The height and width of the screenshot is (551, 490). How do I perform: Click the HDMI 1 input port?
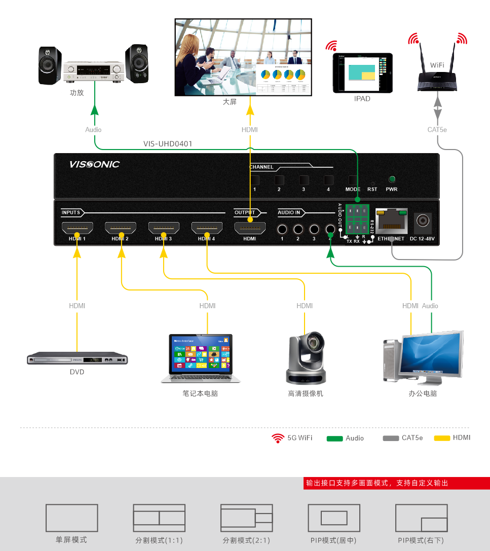pyautogui.click(x=77, y=229)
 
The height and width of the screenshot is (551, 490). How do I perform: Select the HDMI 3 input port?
pyautogui.click(x=163, y=229)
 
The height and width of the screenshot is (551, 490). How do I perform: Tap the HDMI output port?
pyautogui.click(x=250, y=229)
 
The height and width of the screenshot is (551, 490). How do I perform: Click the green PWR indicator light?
pyautogui.click(x=391, y=179)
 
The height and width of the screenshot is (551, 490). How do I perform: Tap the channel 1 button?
pyautogui.click(x=255, y=180)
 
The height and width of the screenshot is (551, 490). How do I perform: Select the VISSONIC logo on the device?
pyautogui.click(x=94, y=164)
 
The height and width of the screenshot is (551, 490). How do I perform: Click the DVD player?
pyautogui.click(x=77, y=359)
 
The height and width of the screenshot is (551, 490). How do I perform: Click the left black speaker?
pyautogui.click(x=50, y=65)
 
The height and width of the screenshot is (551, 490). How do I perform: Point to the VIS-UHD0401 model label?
pyautogui.click(x=168, y=144)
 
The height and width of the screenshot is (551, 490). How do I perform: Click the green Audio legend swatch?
pyautogui.click(x=335, y=438)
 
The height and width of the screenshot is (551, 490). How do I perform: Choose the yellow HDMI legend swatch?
pyautogui.click(x=442, y=438)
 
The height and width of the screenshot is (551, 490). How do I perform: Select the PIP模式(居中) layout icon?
pyautogui.click(x=334, y=518)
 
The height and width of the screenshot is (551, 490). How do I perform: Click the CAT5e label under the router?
pyautogui.click(x=437, y=130)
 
